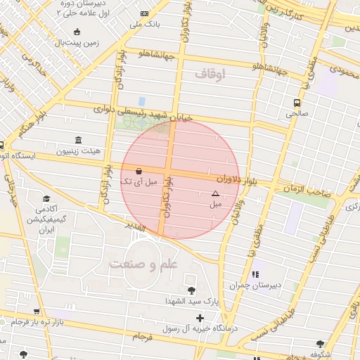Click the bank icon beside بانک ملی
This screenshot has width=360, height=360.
145,13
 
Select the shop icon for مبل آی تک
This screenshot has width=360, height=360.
138,171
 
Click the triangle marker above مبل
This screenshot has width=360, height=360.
215,193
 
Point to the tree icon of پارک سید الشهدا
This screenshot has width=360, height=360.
191,290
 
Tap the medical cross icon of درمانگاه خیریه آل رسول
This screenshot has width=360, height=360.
200,318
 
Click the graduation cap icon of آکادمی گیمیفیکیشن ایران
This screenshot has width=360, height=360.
46,199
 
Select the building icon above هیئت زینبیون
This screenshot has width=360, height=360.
77,139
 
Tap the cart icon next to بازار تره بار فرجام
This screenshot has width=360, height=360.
36,311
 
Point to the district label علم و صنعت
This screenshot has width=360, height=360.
144,264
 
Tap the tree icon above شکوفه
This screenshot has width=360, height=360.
321,344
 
